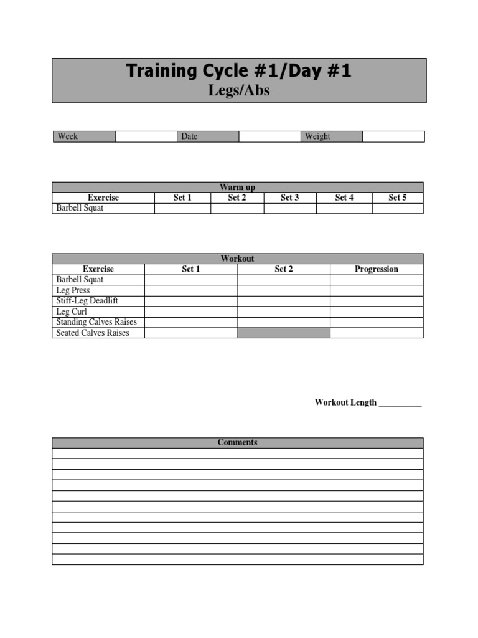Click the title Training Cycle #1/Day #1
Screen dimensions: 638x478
239,71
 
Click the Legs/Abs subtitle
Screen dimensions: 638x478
239,91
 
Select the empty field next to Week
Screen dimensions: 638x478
146,136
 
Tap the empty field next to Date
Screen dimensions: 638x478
269,136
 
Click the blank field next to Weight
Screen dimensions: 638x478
393,136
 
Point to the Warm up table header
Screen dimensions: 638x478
238,187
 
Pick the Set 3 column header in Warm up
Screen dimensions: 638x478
290,198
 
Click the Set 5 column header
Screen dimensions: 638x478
398,198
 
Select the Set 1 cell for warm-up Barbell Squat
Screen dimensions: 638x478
182,208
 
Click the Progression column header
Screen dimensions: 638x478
377,269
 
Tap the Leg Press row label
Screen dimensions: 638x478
73,290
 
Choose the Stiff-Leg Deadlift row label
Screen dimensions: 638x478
87,301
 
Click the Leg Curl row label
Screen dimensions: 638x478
72,312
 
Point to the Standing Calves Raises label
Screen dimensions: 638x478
96,322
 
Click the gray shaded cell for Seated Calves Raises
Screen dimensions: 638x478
284,333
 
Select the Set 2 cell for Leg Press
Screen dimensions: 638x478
284,290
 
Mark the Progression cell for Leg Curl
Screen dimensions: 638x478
377,312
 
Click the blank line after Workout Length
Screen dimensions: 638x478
400,403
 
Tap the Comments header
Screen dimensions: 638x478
238,442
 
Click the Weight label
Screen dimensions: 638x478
317,136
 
